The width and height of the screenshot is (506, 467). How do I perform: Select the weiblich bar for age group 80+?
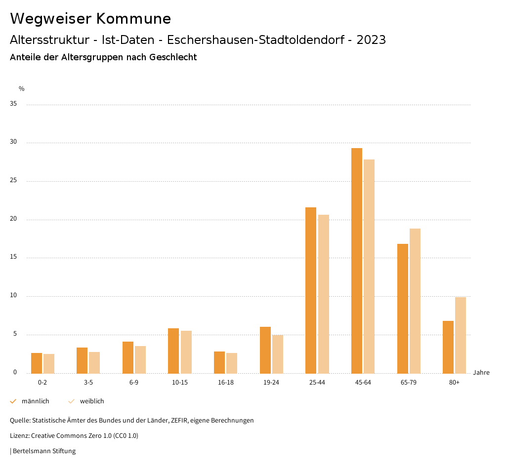461,335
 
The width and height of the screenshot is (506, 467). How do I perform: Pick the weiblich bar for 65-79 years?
415,301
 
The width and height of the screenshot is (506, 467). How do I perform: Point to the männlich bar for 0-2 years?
37,363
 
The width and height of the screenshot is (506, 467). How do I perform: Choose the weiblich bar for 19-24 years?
278,354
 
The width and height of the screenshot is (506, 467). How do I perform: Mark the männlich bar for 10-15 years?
173,351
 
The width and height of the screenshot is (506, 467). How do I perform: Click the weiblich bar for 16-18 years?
232,363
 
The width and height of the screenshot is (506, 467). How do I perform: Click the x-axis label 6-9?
134,383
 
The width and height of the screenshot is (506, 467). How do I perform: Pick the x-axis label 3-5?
88,383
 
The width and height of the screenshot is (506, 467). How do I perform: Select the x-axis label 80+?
455,383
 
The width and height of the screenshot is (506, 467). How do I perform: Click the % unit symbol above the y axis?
22,89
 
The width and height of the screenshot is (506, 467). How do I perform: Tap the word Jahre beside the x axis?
481,373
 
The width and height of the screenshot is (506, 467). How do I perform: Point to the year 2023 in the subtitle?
371,40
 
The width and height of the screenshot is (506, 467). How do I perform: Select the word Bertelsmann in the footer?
30,451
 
